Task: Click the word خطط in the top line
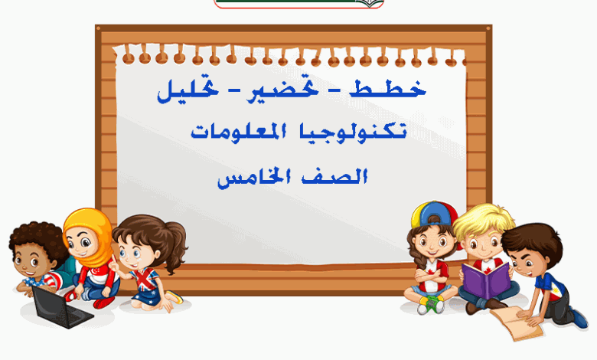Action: (x=387, y=89)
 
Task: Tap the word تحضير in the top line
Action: (x=282, y=90)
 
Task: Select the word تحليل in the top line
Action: (x=188, y=91)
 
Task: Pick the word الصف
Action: (x=334, y=177)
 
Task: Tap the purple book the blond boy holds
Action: (x=486, y=280)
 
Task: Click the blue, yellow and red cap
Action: (x=435, y=214)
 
